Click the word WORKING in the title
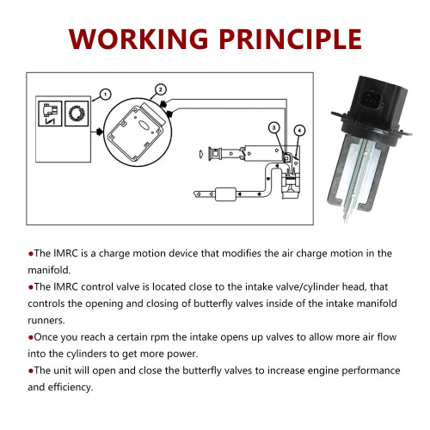tap(138, 39)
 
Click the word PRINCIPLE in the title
tap(291, 39)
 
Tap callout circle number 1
tap(106, 95)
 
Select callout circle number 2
tap(160, 89)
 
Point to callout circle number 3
tap(274, 128)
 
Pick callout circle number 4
tap(299, 131)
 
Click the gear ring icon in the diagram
tap(77, 114)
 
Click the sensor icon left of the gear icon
tap(50, 114)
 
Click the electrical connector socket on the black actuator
tap(372, 100)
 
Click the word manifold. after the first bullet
tap(49, 270)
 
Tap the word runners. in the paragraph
tap(46, 321)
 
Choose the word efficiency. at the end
tap(71, 387)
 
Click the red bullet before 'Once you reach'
tap(31, 338)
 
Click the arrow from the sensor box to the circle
tap(97, 132)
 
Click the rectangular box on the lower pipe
tap(225, 194)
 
